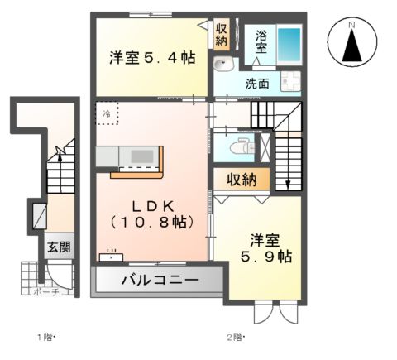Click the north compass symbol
coord(351,44)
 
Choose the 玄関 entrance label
coord(58,247)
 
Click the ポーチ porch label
coord(45,292)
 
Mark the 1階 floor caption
coord(45,337)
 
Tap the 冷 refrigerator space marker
coord(107,112)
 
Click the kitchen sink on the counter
coord(137,156)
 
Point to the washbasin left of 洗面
coord(222,66)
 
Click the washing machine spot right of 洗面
coord(290,81)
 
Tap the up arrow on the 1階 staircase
coord(60,151)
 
